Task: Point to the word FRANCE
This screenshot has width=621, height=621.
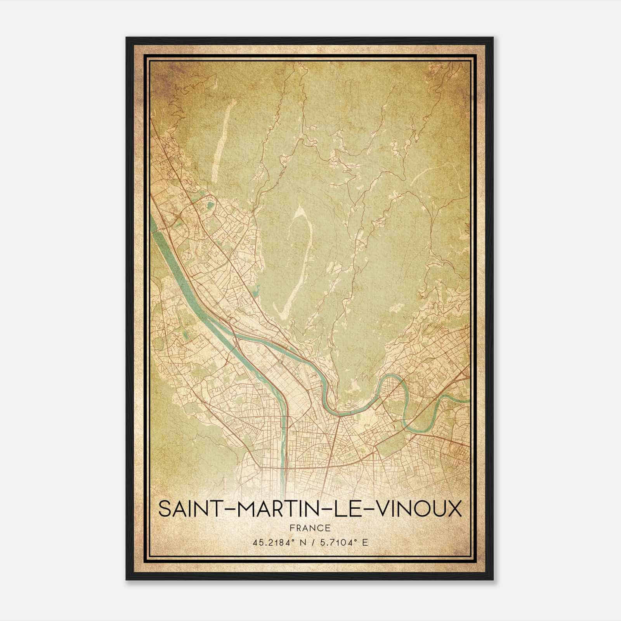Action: tap(310, 528)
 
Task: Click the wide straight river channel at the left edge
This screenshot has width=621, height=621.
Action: tap(171, 252)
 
